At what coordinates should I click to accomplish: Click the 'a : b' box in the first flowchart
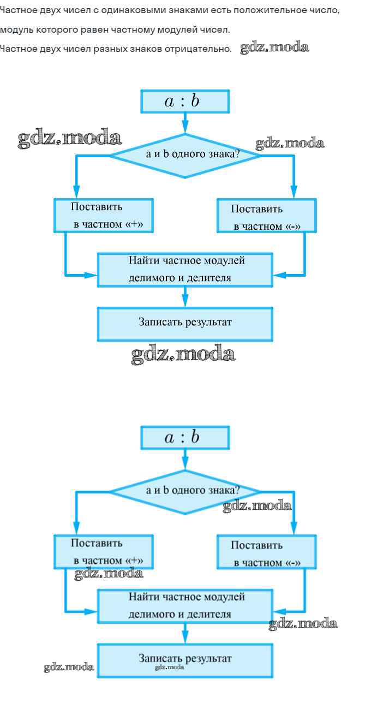coord(184,102)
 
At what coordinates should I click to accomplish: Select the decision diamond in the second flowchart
coord(184,491)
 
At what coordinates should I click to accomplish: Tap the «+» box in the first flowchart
coord(103,215)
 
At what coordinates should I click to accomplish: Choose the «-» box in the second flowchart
coord(266,552)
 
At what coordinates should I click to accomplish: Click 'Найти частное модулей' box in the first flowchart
coord(184,269)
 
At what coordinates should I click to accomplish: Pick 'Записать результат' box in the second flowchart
coord(184,659)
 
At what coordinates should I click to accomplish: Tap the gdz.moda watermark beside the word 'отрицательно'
coord(274,47)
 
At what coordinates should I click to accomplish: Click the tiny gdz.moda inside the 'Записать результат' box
coord(169,667)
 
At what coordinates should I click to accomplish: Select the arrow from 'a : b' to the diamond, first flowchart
coord(185,123)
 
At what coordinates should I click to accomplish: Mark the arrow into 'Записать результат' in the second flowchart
coord(185,633)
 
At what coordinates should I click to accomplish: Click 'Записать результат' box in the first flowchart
coord(184,323)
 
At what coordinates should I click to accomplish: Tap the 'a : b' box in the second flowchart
coord(184,438)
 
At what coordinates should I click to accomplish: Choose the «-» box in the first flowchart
coord(266,216)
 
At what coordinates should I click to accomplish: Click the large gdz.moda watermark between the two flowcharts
coord(183,355)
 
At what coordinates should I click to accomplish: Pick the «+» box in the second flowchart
coord(103,551)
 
